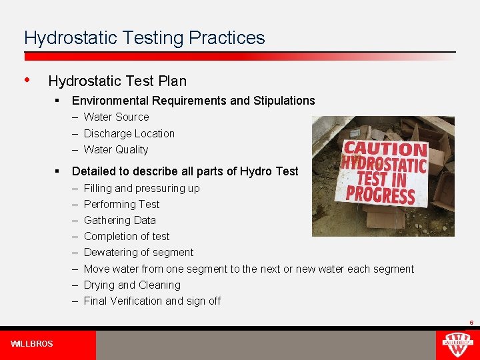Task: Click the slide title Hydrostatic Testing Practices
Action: [x=144, y=38]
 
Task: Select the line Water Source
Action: [x=116, y=117]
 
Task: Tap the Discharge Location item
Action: [x=129, y=133]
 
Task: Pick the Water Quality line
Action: [x=116, y=150]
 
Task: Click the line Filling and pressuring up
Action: [x=141, y=188]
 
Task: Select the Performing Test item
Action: [x=121, y=204]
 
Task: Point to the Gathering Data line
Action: [x=119, y=220]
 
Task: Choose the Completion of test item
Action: [x=127, y=236]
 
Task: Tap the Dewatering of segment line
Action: [x=139, y=252]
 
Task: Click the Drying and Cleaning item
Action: [x=132, y=285]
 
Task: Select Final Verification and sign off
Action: [x=152, y=301]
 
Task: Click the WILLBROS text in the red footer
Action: [x=32, y=344]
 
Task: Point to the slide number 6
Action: [x=471, y=323]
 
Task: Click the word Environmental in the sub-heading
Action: [x=110, y=101]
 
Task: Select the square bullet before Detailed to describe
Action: [x=59, y=171]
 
